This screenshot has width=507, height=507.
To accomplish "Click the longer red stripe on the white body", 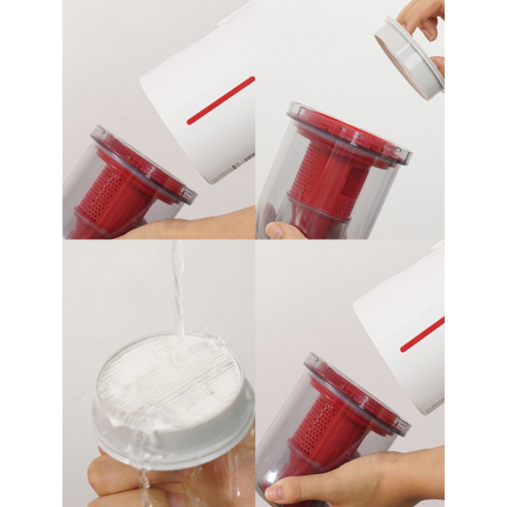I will pyautogui.click(x=221, y=100).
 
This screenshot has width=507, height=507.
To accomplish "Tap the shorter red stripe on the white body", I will pyautogui.click(x=421, y=335).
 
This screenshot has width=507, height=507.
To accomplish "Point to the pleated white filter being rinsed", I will pyautogui.click(x=170, y=377).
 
